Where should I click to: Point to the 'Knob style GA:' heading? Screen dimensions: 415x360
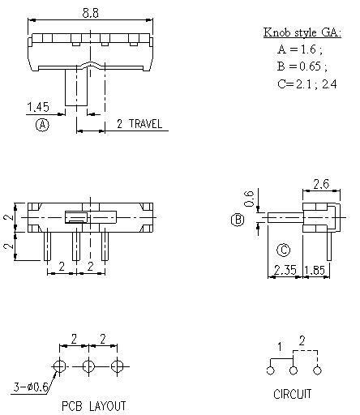tap(302, 32)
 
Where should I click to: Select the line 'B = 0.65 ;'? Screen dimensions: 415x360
tap(302, 66)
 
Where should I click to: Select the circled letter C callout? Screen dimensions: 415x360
tap(284, 250)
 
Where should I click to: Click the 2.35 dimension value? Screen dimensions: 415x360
tap(285, 270)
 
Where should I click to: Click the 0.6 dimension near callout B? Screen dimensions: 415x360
tap(250, 197)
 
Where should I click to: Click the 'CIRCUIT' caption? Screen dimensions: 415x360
tap(293, 395)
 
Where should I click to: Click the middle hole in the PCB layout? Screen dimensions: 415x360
tap(88, 366)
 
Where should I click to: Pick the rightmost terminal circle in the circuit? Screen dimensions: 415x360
tap(318, 370)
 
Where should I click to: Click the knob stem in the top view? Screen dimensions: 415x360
tap(77, 88)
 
